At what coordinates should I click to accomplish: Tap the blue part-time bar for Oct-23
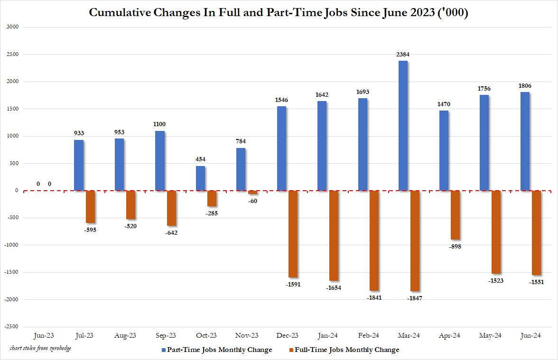click(x=200, y=178)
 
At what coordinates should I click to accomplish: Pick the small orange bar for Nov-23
click(x=252, y=192)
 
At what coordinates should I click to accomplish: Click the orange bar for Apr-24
click(x=456, y=215)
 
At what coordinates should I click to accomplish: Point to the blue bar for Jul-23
click(x=79, y=165)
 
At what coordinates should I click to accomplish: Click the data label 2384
click(x=403, y=55)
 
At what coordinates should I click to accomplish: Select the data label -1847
click(x=415, y=298)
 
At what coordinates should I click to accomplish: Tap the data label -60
click(x=252, y=201)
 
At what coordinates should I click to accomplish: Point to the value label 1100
click(x=160, y=124)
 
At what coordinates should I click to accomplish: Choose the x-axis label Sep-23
click(x=165, y=335)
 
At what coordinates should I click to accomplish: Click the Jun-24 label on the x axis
click(x=531, y=335)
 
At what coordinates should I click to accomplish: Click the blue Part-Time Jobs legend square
click(x=164, y=350)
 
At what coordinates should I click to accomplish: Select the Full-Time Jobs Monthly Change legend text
click(x=347, y=350)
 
